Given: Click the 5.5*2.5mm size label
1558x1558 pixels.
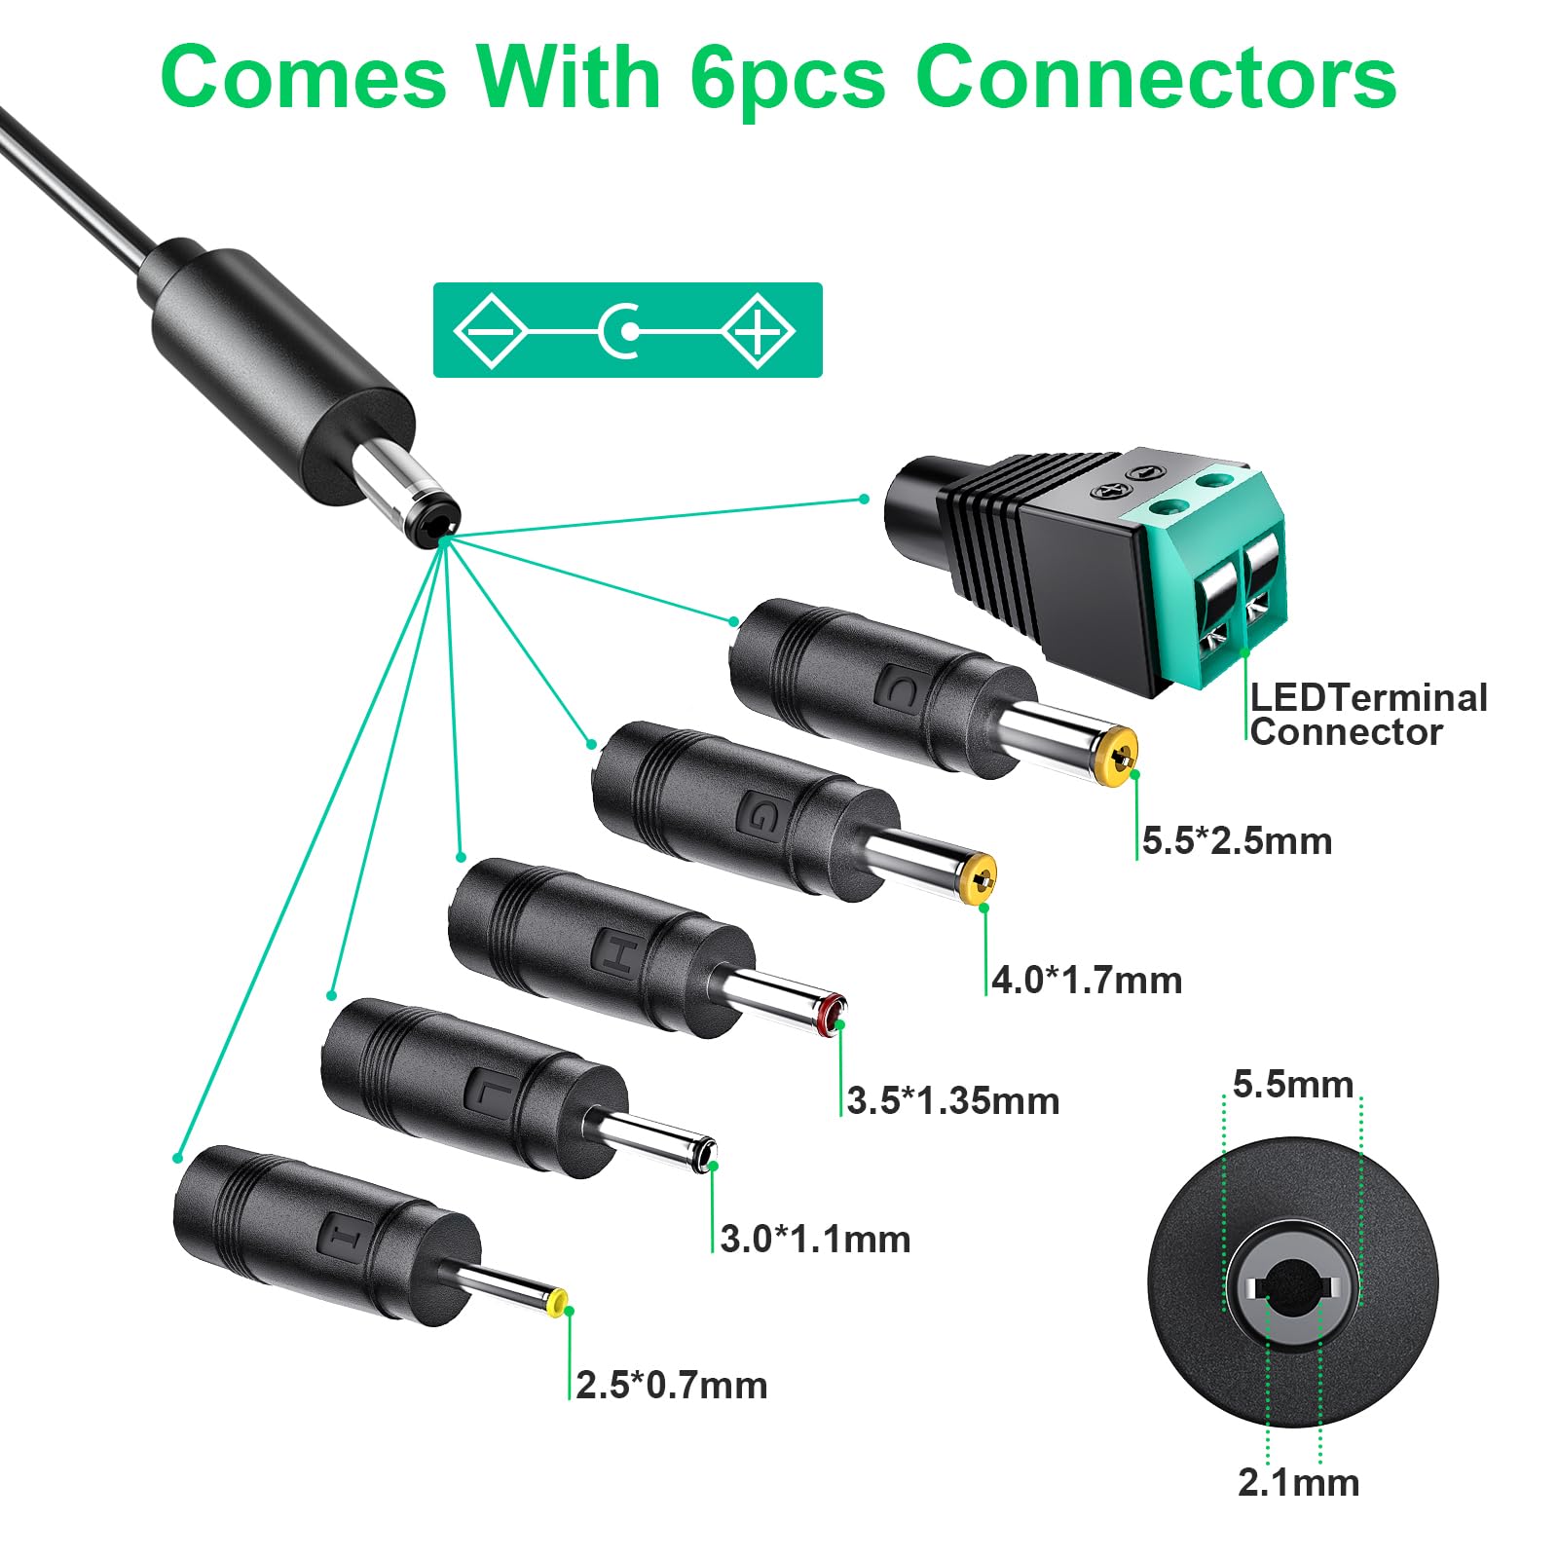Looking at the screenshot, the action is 1237,841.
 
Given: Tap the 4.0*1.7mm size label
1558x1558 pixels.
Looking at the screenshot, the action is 1087,981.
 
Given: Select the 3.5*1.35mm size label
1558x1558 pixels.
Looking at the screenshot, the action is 953,1101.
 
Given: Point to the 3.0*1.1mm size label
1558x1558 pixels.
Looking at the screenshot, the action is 816,1240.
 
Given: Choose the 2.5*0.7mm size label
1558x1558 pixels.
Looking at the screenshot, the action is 672,1386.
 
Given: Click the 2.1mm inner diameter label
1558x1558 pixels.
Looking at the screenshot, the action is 1299,1483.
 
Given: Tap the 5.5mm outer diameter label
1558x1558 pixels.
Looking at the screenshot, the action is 1293,1085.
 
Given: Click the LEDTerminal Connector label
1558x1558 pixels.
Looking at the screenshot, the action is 1368,715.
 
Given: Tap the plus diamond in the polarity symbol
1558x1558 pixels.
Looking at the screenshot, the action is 759,330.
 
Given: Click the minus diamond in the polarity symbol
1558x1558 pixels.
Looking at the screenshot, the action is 491,330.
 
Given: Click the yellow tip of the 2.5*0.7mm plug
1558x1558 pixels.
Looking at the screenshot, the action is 558,1303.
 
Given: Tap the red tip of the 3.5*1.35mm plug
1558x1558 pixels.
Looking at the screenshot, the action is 832,1015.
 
